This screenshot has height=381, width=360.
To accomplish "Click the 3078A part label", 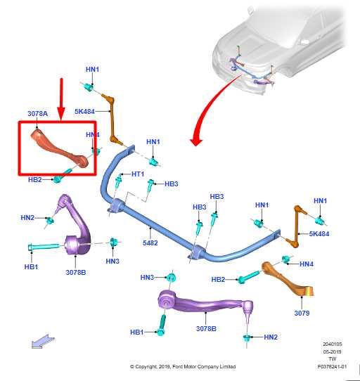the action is tap(37, 114).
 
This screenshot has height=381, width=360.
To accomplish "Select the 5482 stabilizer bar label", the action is tap(150, 243).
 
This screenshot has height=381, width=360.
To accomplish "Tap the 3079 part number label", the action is tap(302, 313).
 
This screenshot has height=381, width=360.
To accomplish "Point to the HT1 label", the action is tap(138, 174).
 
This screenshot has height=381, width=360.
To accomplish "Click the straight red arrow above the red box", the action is tap(61, 99).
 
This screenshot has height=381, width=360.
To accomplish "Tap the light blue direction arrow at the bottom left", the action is tap(43, 341).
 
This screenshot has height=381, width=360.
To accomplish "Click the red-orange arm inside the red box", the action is tap(60, 148).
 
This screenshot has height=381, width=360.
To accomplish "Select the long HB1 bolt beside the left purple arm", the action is tap(44, 247).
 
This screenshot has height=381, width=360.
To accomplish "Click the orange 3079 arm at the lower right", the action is tap(288, 280).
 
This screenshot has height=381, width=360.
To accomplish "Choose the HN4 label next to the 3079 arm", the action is tap(307, 264).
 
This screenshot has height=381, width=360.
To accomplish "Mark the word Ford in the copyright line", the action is tap(178, 366).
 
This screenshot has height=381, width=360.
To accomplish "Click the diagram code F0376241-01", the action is tap(332, 366).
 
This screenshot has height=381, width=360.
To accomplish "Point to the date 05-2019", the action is tap(332, 351).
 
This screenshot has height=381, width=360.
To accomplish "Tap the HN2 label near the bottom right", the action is tap(271, 337).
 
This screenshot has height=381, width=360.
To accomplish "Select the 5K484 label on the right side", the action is tap(319, 234).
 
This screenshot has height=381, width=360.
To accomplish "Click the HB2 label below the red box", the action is tap(35, 180).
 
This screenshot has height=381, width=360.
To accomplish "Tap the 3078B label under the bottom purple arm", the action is tap(206, 328).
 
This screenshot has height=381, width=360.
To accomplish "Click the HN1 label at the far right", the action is tap(321, 201).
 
